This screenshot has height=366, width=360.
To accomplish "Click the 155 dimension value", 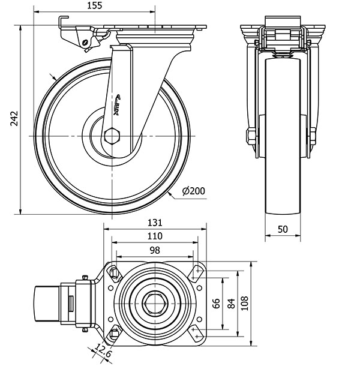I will pyautogui.click(x=94, y=5).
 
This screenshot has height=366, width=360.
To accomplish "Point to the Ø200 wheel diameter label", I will pyautogui.click(x=193, y=191).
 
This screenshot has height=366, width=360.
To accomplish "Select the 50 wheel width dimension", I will pyautogui.click(x=283, y=229).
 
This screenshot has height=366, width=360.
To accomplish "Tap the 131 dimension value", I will pyautogui.click(x=155, y=222).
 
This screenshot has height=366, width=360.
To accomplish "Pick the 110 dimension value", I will pyautogui.click(x=155, y=236).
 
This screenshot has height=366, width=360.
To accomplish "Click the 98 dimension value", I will pyautogui.click(x=155, y=251).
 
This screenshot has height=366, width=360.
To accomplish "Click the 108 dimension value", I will pyautogui.click(x=247, y=304).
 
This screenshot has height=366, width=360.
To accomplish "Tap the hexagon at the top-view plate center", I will pyautogui.click(x=155, y=304).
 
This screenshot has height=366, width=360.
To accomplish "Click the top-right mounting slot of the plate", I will pyautogui.click(x=196, y=274).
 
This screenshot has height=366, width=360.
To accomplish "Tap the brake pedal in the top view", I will pyautogui.click(x=46, y=305).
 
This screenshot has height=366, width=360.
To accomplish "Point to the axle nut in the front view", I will pyautogui.click(x=250, y=137).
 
